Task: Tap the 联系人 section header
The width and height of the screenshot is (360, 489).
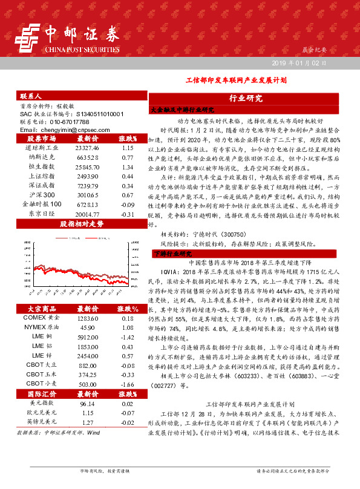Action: pos(30,96)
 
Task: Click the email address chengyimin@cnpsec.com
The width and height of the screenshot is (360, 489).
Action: pos(64,130)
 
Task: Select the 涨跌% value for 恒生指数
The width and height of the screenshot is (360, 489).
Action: pos(127,166)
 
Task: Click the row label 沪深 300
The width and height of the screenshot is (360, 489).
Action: pos(42,195)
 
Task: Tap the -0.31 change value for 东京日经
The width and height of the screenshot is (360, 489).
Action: pos(127,214)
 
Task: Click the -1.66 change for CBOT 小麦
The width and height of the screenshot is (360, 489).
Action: pos(127,367)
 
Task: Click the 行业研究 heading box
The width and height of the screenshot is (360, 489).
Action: pos(246,97)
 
